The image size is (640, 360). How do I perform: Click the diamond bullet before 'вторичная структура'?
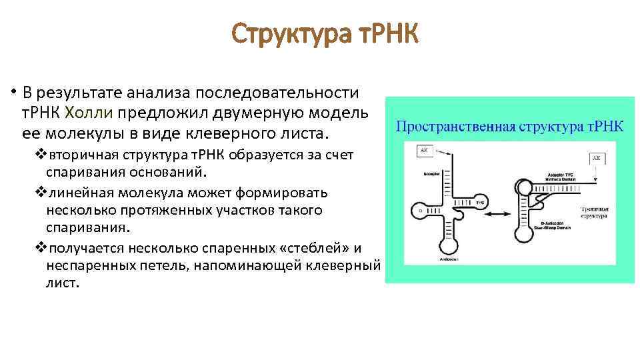click(x=39, y=155)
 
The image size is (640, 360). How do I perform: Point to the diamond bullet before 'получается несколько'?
click(x=39, y=248)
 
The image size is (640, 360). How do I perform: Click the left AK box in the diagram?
click(x=423, y=151)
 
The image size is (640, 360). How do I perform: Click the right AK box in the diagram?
click(x=598, y=158)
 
